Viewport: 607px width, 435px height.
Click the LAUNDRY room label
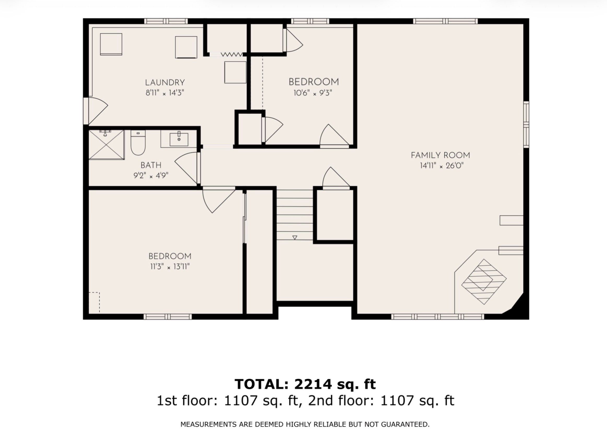tap(165, 82)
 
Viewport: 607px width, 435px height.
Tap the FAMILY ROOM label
tap(441, 155)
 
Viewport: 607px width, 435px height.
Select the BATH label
tap(151, 165)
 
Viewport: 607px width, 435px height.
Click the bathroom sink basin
tap(179, 139)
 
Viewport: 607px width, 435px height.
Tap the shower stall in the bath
tap(107, 145)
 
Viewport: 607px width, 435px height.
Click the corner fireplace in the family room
tap(484, 282)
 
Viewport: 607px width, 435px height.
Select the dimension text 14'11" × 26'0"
tap(442, 166)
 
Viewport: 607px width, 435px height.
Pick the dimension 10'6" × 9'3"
tap(313, 93)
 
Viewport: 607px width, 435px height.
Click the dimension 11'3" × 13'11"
tap(170, 267)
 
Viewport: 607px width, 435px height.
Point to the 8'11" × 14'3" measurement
tap(165, 93)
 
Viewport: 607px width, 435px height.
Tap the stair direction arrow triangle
tap(295, 237)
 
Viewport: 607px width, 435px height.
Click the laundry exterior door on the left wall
tap(96, 111)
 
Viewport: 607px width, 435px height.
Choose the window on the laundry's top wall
tap(166, 21)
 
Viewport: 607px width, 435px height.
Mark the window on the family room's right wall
tap(526, 124)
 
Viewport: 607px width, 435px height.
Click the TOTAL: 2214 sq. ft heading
tap(305, 384)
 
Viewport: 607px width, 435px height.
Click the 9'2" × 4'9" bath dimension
tap(151, 176)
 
